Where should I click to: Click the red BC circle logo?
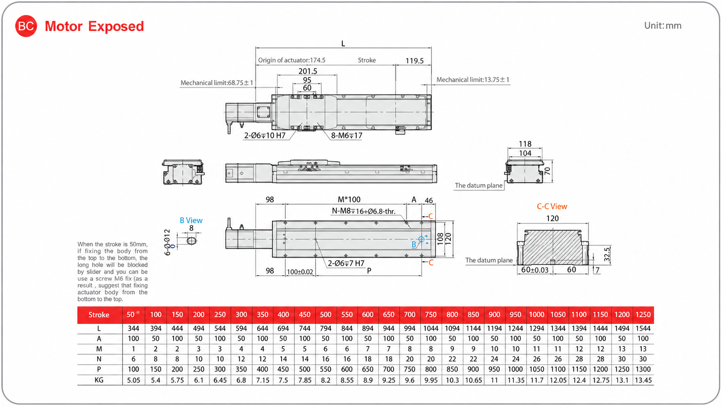[26, 26]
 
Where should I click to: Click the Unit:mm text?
[663, 26]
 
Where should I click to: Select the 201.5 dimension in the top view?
[308, 71]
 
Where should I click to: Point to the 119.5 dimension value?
[415, 61]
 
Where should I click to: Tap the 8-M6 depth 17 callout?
[347, 135]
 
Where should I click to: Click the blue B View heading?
[191, 220]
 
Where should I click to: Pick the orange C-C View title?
[552, 207]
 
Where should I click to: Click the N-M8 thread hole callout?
[364, 211]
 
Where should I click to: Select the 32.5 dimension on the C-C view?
[607, 255]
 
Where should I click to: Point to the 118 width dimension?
[525, 144]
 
